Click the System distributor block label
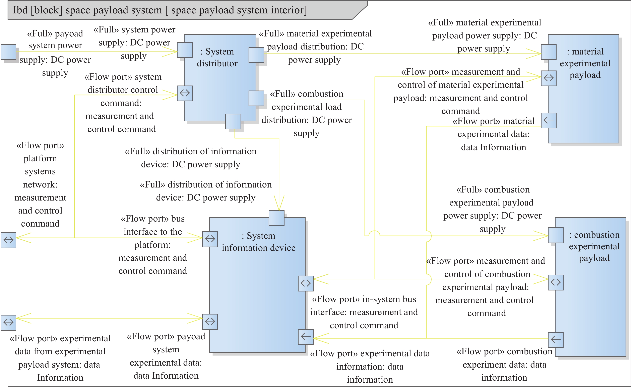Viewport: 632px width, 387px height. click(217, 57)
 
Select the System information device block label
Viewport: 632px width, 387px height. click(259, 242)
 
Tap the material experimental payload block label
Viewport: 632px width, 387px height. click(585, 63)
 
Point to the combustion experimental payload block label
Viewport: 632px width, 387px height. click(594, 246)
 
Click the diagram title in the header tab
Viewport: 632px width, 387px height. click(160, 10)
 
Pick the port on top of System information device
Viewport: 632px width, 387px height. click(276, 218)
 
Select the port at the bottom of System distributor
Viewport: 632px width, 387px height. click(233, 121)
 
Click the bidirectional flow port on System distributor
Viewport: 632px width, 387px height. click(185, 93)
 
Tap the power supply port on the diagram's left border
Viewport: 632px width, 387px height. click(8, 52)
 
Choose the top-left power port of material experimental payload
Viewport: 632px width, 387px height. click(549, 52)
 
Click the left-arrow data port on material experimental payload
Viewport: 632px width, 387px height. click(549, 120)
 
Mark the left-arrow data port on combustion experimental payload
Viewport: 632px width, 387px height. click(556, 340)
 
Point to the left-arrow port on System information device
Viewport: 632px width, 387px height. click(306, 337)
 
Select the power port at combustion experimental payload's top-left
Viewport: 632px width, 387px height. click(556, 235)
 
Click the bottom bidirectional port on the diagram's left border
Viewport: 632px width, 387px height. click(8, 322)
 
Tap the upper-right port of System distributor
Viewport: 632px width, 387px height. click(256, 55)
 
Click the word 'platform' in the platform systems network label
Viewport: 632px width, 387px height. click(40, 158)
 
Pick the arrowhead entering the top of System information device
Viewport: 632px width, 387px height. click(279, 205)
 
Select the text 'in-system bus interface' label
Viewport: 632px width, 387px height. click(364, 305)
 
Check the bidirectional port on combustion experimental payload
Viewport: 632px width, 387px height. click(556, 282)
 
